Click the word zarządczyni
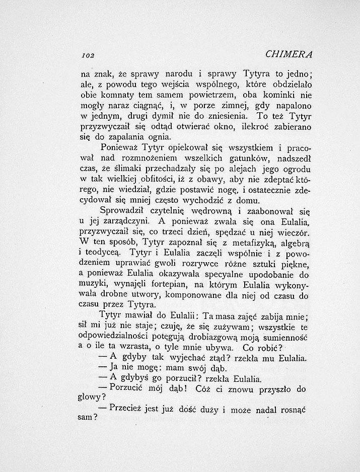click(x=132, y=235)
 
